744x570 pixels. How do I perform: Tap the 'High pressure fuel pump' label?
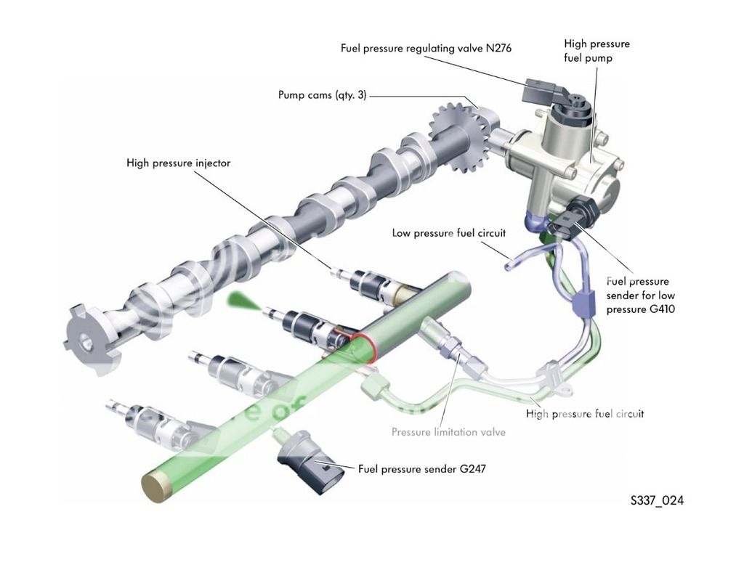click(x=597, y=51)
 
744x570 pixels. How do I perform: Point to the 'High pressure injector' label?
click(x=178, y=163)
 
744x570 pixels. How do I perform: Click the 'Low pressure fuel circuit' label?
click(x=448, y=233)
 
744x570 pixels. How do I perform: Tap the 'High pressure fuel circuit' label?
click(x=584, y=414)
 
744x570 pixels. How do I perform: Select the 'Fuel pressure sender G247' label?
click(x=421, y=468)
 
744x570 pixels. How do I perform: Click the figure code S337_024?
click(x=657, y=501)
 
